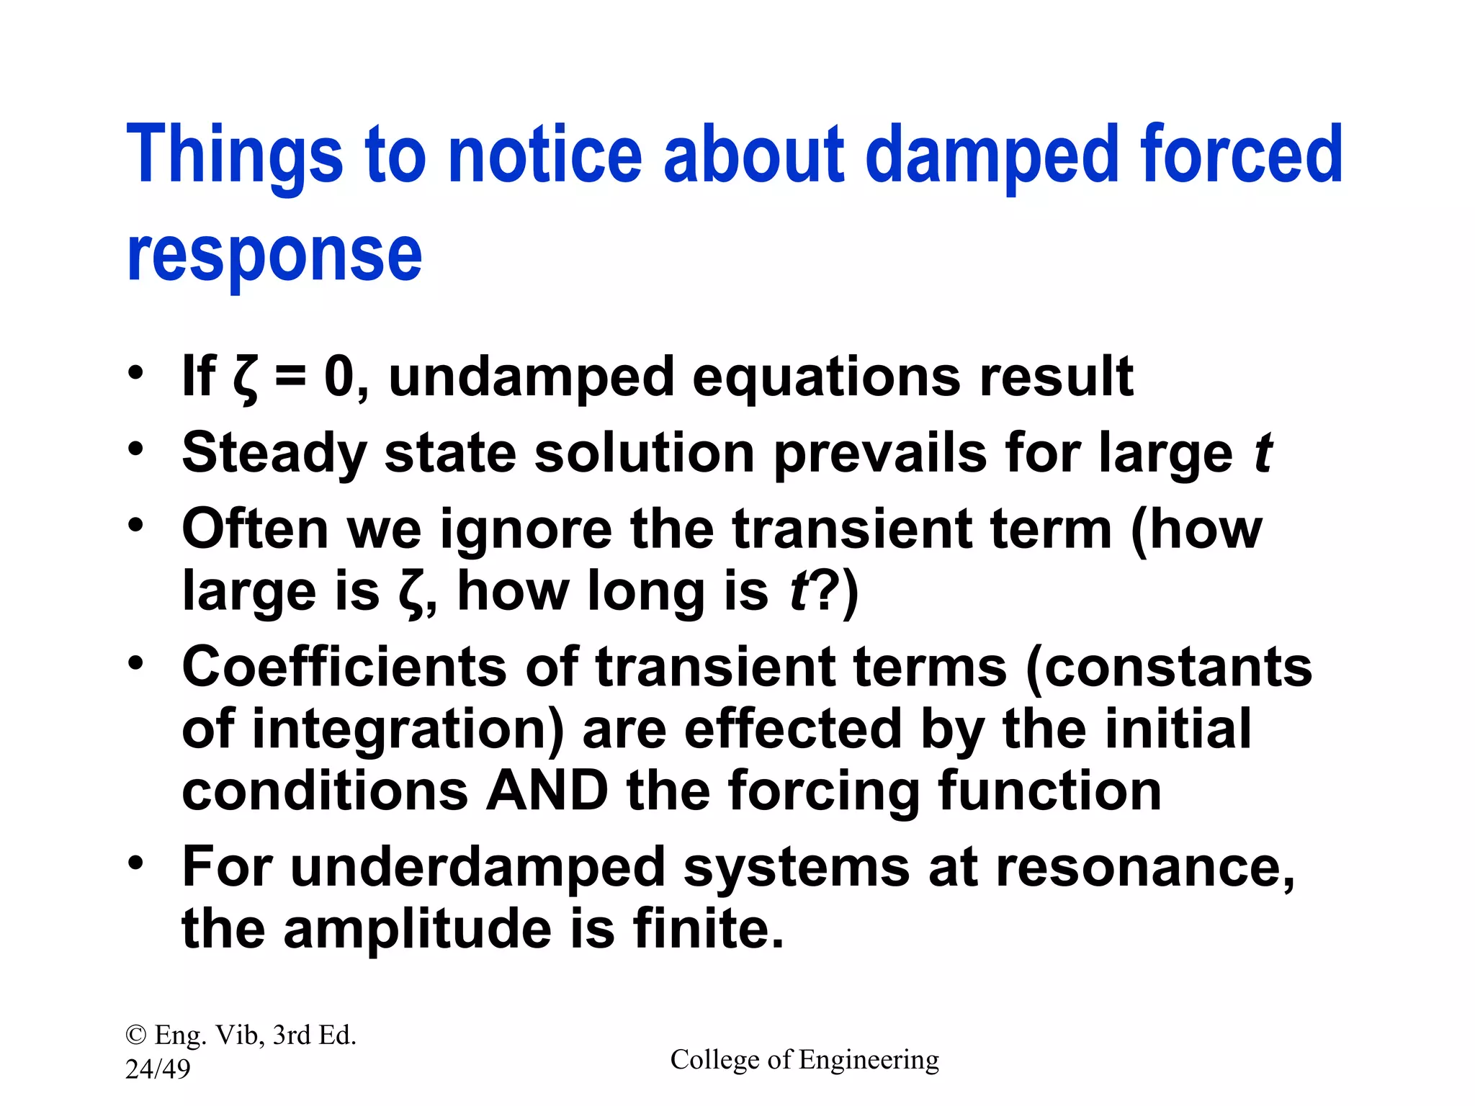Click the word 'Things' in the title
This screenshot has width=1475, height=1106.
pyautogui.click(x=235, y=155)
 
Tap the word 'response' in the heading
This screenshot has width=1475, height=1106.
pyautogui.click(x=274, y=256)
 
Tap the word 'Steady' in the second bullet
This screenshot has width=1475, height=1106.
pyautogui.click(x=274, y=454)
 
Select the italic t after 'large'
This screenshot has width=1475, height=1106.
pyautogui.click(x=1263, y=454)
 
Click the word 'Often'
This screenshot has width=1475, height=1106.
pyautogui.click(x=255, y=529)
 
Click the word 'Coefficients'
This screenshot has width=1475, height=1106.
pyautogui.click(x=344, y=667)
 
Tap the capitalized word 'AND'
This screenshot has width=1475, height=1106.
pyautogui.click(x=547, y=791)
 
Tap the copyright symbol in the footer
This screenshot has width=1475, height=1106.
pyautogui.click(x=135, y=1035)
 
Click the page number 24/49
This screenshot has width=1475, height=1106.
pyautogui.click(x=158, y=1069)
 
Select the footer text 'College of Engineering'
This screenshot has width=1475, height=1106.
pyautogui.click(x=804, y=1060)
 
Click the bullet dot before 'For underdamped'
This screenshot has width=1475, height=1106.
pyautogui.click(x=136, y=861)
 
